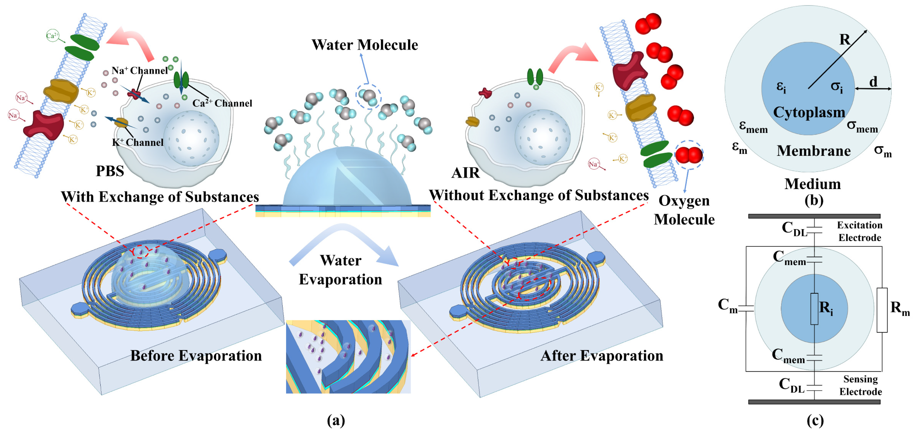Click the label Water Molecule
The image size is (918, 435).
coord(365,45)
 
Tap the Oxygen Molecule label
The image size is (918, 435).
coord(684,210)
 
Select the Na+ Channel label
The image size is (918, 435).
coord(139,70)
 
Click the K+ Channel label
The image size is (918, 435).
coord(138,142)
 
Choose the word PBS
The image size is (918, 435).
coord(110,171)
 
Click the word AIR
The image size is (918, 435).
coord(465,173)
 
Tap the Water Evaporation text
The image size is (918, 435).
coord(340,270)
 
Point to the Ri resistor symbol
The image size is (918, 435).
coord(814,309)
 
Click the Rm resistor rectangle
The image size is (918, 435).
coord(882,310)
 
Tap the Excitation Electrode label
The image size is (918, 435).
coord(859,231)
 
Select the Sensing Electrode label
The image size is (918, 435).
coord(860,386)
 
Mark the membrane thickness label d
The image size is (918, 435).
coord(873,82)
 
